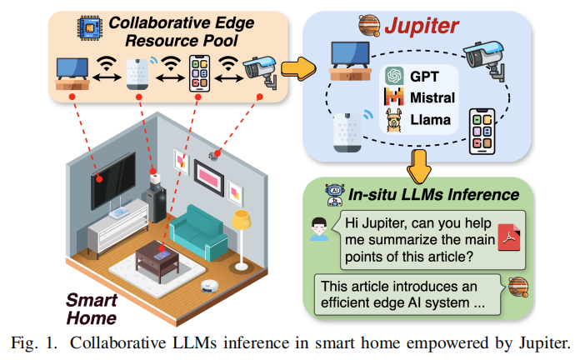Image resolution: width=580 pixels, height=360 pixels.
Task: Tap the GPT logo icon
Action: click(x=394, y=77)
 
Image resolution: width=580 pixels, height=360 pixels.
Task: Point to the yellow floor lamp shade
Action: click(x=242, y=220)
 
